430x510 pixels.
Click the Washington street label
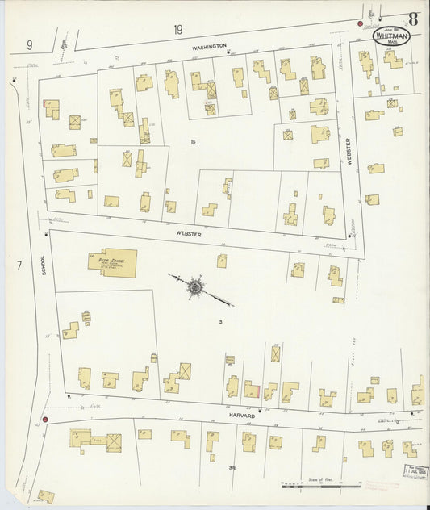click(x=209, y=47)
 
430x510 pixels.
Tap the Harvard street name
click(x=242, y=416)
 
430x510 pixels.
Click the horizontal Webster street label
click(x=188, y=232)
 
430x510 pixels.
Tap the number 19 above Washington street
click(x=177, y=30)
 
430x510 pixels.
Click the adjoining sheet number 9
click(x=29, y=45)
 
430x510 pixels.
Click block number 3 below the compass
click(x=219, y=321)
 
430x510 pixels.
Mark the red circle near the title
click(x=360, y=24)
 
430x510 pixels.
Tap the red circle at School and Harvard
click(x=46, y=420)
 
